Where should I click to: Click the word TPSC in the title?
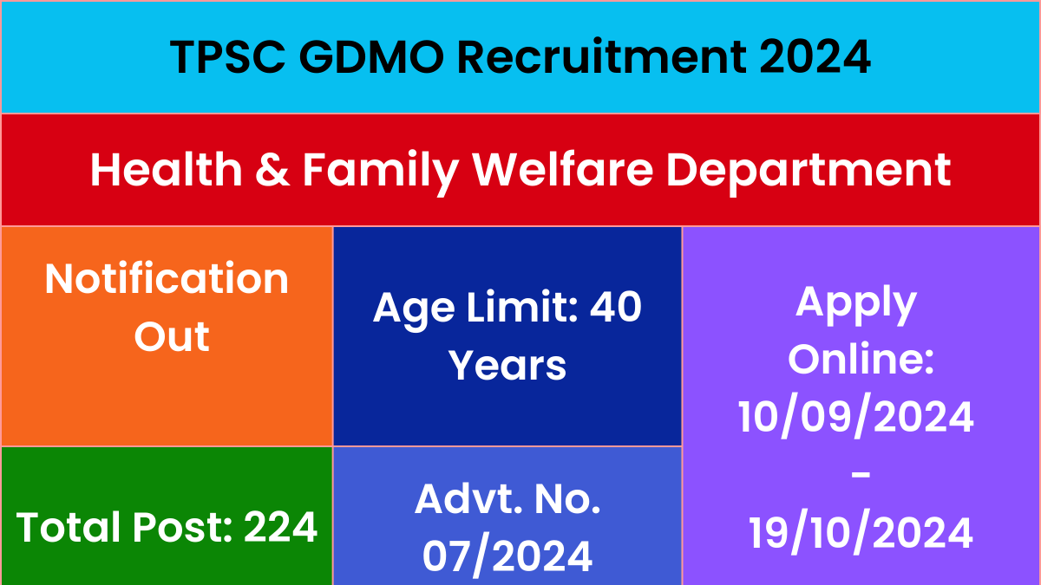[227, 56]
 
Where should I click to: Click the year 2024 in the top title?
[815, 56]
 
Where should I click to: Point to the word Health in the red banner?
[167, 170]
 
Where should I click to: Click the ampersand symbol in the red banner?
[272, 170]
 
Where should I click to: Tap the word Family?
[381, 172]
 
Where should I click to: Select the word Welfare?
[563, 170]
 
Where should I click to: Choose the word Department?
[809, 172]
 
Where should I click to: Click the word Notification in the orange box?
[167, 278]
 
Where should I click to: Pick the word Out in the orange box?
[172, 336]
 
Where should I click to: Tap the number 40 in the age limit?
[616, 307]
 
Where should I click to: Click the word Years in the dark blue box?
[507, 366]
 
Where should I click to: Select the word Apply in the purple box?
[856, 304]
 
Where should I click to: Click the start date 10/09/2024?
[856, 418]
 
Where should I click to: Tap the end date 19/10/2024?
[861, 532]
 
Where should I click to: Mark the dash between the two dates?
[861, 475]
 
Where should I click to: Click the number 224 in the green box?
[280, 527]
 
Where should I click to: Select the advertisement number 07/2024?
[507, 556]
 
